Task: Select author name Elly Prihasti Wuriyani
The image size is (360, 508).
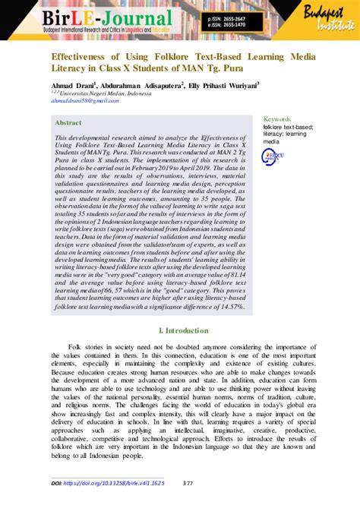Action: coord(229,86)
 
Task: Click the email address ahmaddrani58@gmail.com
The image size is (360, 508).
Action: coord(82,101)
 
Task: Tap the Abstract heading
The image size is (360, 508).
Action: coord(69,122)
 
